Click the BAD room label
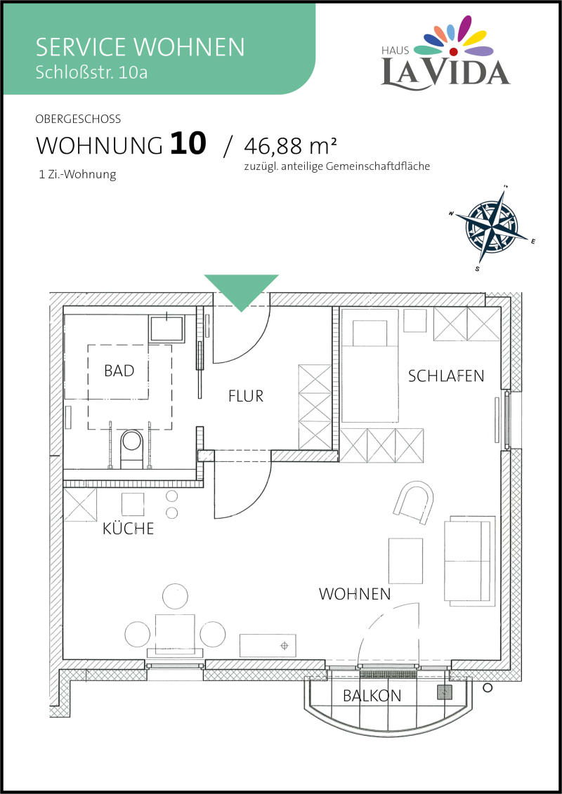coord(119,371)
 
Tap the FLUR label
coord(247,396)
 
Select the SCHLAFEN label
coord(446,376)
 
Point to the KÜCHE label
coord(129,529)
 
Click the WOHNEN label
coord(355,594)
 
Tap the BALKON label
coord(372,696)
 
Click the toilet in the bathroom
coord(132,448)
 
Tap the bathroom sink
coord(167,329)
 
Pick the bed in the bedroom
coord(370,365)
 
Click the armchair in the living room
coord(414,502)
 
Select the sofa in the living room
coord(469,560)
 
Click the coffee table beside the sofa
coord(405,560)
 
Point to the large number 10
coord(188,144)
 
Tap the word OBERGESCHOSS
coord(78,119)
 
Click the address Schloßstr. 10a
coord(92,72)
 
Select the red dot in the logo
coord(454,51)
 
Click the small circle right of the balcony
coord(488,687)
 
